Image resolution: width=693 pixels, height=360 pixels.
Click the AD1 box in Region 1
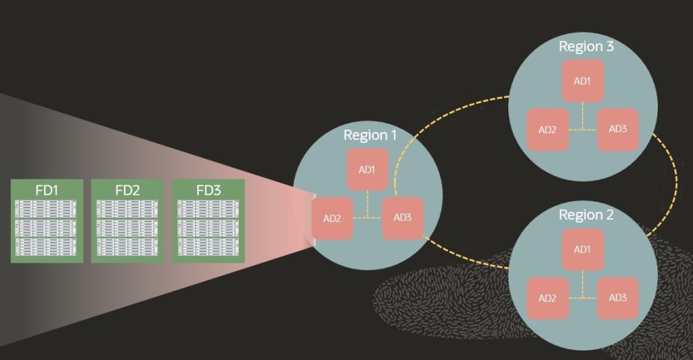367,169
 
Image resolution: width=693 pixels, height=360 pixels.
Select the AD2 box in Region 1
333,219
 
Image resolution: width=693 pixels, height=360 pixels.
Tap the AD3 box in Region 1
402,218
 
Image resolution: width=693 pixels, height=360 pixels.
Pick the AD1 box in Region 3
582,81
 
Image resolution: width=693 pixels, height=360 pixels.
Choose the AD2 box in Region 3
547,129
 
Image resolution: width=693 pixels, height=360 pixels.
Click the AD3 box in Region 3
617,129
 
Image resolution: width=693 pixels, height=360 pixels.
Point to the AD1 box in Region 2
582,250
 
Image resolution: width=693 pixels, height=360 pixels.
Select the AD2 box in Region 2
547,298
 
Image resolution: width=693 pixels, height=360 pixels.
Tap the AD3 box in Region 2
617,298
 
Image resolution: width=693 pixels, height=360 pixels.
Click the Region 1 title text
370,135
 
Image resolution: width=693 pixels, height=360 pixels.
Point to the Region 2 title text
586,215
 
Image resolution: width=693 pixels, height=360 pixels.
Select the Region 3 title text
586,47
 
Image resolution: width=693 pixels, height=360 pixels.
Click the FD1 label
47,190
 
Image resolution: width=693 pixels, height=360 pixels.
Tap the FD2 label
127,190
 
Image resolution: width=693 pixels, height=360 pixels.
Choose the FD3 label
208,190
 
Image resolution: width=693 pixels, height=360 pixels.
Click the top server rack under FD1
47,209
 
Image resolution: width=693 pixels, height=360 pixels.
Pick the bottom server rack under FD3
208,246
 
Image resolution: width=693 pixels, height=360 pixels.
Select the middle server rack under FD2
127,227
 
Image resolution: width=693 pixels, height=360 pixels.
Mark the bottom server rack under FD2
127,246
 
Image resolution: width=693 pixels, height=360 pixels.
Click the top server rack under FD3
208,209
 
